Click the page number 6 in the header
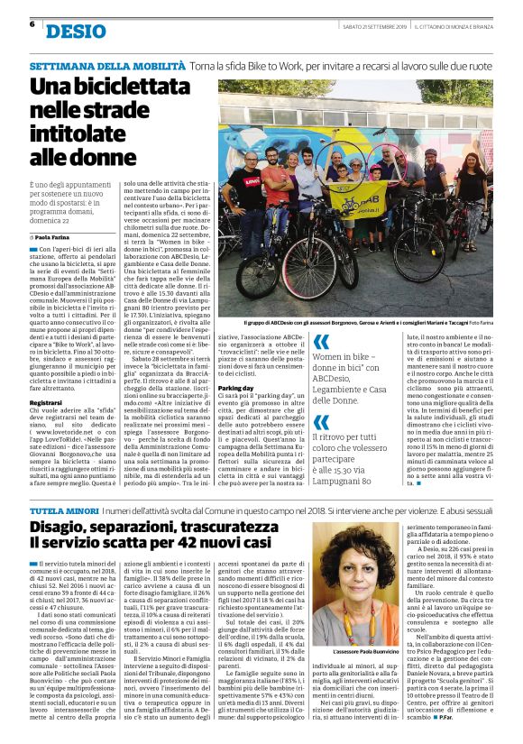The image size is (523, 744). click(32, 24)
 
